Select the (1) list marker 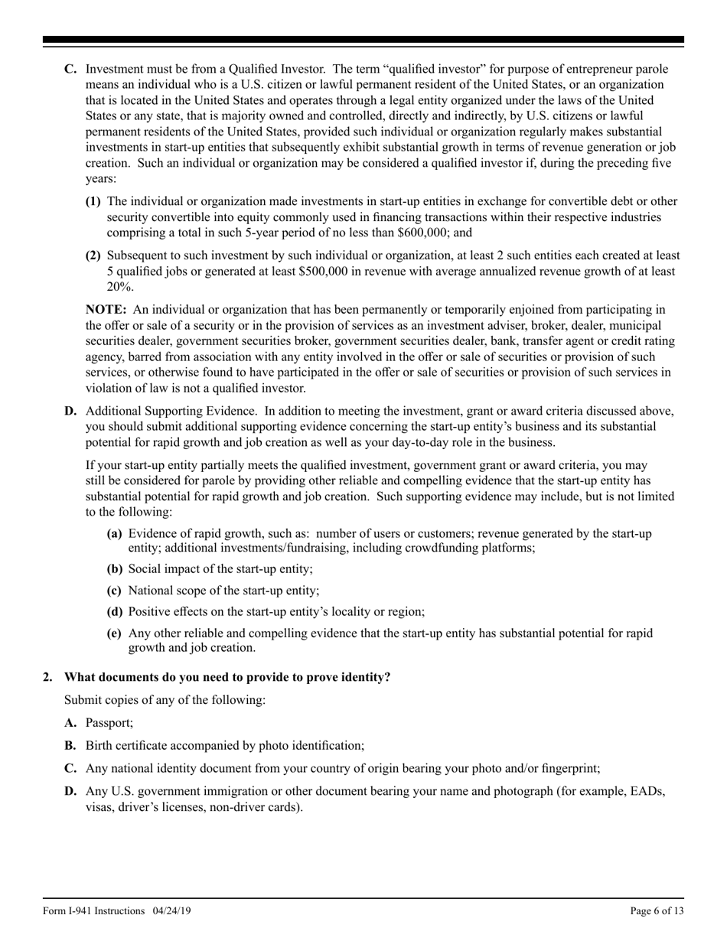pos(93,201)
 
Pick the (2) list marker pos(93,256)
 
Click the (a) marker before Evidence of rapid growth pos(114,533)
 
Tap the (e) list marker pos(114,633)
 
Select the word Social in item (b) pos(145,569)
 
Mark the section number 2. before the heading pos(48,676)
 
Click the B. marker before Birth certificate pos(70,745)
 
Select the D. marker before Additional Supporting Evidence pos(70,411)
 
